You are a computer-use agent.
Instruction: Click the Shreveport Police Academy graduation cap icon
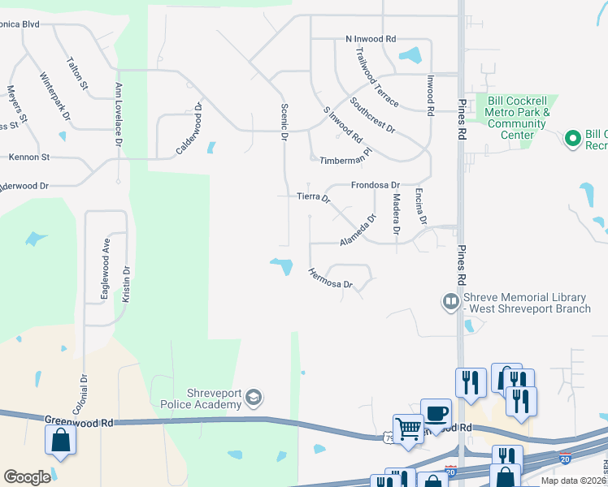click(x=254, y=397)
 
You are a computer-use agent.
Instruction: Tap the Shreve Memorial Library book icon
click(x=450, y=303)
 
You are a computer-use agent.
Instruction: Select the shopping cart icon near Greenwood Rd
click(x=406, y=427)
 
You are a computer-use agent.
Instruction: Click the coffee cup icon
click(x=436, y=412)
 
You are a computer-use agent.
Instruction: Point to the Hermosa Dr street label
click(x=331, y=278)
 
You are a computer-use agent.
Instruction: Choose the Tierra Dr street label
click(x=314, y=196)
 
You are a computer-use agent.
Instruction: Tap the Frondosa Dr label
click(x=376, y=185)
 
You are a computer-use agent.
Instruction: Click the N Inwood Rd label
click(x=370, y=39)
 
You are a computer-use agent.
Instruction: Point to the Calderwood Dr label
click(x=189, y=129)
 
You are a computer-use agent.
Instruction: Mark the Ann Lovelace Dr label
click(x=119, y=113)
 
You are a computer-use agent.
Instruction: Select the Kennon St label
click(x=29, y=156)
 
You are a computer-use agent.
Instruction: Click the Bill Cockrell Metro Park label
click(x=518, y=112)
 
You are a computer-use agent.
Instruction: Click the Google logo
click(x=27, y=477)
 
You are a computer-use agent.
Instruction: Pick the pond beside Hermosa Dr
click(x=282, y=265)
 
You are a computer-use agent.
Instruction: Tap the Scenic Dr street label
click(x=284, y=122)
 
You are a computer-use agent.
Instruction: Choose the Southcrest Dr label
click(x=372, y=116)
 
